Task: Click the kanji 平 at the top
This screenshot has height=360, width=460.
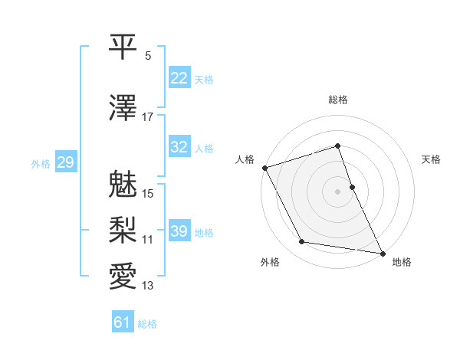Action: (123, 47)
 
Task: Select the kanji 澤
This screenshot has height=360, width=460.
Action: (123, 109)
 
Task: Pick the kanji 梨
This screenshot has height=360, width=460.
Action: (123, 231)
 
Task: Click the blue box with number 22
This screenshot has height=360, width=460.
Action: (179, 77)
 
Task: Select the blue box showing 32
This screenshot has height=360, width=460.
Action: (179, 147)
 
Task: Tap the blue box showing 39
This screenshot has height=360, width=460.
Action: (179, 231)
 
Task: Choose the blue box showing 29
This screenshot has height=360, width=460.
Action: (65, 162)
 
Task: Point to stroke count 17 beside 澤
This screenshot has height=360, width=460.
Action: (148, 117)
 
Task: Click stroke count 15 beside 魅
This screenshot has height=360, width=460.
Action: (148, 193)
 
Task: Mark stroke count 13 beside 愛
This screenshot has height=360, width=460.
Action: (148, 286)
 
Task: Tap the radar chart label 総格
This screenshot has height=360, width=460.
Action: (338, 100)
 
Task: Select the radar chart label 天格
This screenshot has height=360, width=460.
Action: (431, 159)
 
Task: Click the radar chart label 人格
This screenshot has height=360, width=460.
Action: (245, 159)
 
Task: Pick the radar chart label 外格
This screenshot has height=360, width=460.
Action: (270, 263)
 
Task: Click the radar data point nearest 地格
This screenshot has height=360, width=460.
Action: (382, 252)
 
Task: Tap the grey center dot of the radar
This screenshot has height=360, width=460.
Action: (338, 191)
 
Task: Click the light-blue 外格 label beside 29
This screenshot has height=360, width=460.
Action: (41, 163)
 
